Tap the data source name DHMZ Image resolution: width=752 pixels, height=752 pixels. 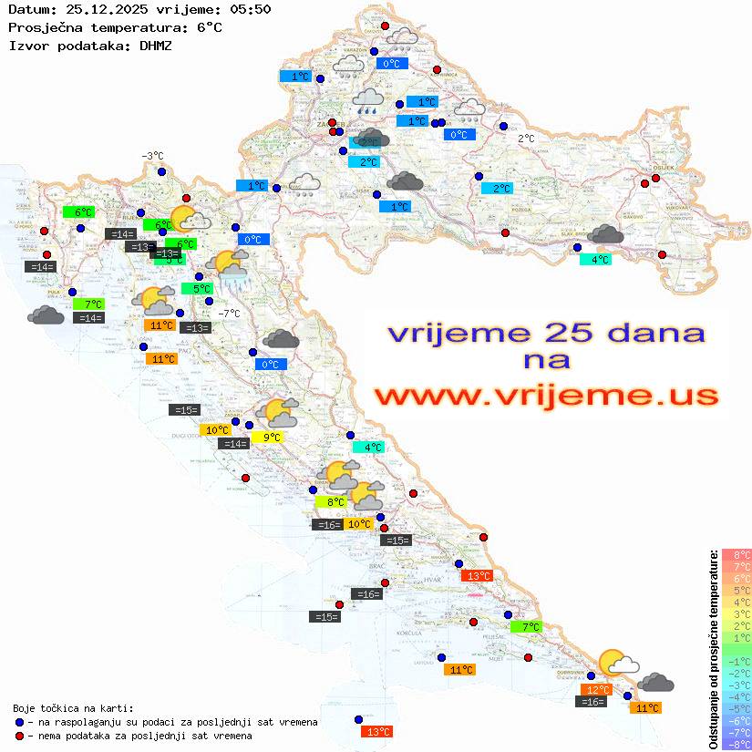pos(156,45)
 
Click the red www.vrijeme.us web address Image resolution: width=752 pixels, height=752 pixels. pos(546,396)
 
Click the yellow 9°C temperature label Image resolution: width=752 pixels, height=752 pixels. pos(272,438)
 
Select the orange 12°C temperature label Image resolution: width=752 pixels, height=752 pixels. pos(598,690)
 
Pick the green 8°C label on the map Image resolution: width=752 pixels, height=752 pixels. pos(331,501)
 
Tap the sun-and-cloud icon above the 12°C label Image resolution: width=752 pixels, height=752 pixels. pos(617,663)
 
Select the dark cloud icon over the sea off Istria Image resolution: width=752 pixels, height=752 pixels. pos(46,315)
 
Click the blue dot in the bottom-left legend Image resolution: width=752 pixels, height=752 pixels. pos(19,722)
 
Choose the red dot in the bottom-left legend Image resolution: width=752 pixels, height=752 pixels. pos(19,736)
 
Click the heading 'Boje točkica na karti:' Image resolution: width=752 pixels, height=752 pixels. pos(73,708)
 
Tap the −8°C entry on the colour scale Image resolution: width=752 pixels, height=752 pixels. pos(736,744)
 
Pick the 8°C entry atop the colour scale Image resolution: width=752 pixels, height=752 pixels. pos(736,554)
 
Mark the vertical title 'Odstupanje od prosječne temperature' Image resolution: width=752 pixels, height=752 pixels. pos(713,649)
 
